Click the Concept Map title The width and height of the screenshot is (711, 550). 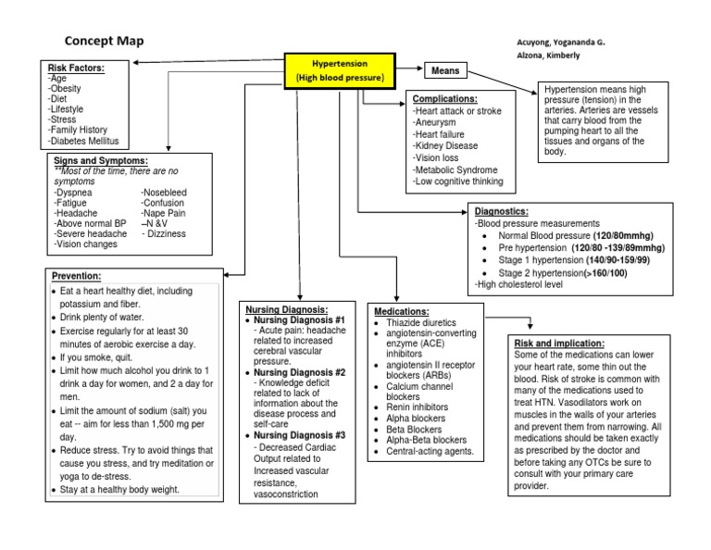(104, 41)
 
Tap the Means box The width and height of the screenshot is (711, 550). (445, 70)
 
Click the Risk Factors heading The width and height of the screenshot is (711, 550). (76, 68)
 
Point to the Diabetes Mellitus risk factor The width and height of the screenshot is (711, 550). (86, 141)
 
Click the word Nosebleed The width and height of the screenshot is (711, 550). (164, 192)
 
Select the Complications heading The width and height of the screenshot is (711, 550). (444, 98)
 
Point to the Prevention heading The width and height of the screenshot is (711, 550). (77, 276)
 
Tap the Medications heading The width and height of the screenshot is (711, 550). (401, 311)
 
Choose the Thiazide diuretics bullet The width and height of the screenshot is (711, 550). (426, 322)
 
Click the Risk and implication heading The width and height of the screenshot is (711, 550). (559, 344)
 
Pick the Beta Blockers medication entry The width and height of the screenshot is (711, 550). (414, 430)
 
